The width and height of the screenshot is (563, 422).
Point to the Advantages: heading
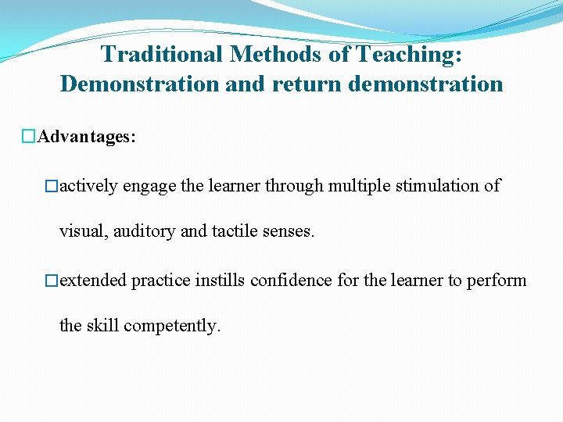click(88, 137)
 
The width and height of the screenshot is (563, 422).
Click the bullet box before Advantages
click(30, 138)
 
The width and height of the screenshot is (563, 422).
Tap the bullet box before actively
click(52, 187)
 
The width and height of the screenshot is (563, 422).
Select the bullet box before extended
click(52, 281)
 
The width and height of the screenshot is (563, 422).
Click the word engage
click(149, 186)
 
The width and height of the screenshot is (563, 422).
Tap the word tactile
click(235, 232)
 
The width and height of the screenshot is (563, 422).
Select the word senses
click(289, 232)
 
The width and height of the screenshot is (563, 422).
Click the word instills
click(221, 280)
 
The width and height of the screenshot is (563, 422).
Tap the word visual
click(81, 232)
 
